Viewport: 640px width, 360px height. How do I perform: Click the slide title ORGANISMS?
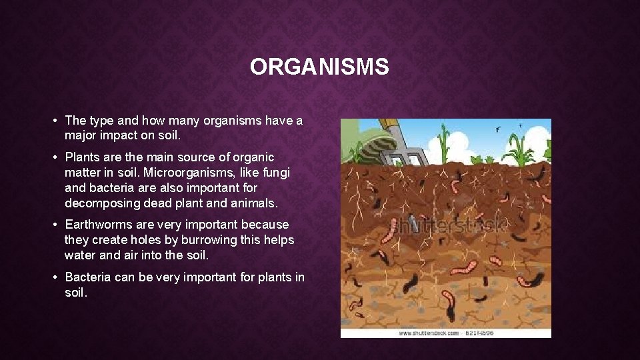click(319, 67)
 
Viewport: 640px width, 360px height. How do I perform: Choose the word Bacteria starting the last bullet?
click(88, 277)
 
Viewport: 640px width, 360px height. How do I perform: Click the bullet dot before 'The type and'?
click(53, 121)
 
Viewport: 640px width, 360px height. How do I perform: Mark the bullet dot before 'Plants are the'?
click(53, 158)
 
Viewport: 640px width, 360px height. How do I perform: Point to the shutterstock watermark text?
click(447, 225)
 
